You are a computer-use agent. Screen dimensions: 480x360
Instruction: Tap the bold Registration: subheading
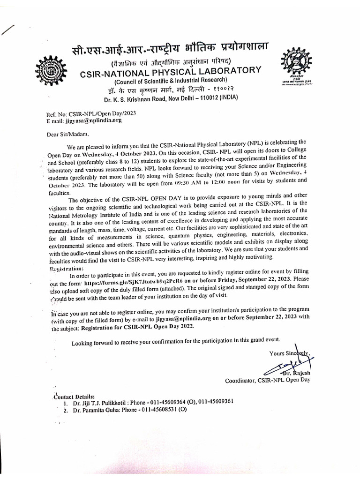pos(67,269)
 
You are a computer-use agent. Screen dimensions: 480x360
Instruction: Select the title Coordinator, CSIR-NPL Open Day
pos(268,381)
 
